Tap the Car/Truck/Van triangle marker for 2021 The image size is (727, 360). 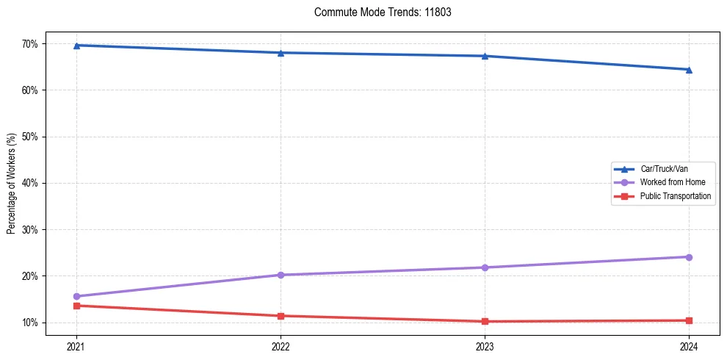click(76, 46)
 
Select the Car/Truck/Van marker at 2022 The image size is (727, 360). click(281, 53)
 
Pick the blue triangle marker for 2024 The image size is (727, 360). click(689, 70)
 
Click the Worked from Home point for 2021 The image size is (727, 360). click(76, 296)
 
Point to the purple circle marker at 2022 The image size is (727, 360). click(281, 275)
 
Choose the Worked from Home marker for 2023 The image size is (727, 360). click(485, 267)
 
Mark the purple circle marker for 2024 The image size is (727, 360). click(689, 257)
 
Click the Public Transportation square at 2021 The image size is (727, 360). click(76, 306)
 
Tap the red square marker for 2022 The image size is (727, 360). click(281, 316)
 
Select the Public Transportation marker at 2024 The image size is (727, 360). click(689, 320)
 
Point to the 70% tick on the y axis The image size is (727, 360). click(30, 44)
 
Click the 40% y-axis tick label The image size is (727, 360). click(30, 183)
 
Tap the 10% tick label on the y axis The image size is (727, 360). click(30, 323)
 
